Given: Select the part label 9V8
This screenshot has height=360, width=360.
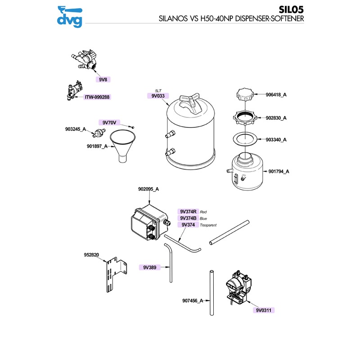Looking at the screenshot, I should click(x=103, y=79).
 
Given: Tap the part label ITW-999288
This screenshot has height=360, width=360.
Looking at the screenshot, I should click(x=97, y=97).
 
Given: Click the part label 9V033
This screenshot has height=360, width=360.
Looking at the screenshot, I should click(x=158, y=95).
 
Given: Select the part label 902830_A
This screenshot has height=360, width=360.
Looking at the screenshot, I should click(x=276, y=118).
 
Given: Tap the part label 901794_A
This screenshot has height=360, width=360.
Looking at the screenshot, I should click(x=279, y=171).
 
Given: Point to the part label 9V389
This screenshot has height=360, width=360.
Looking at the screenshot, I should click(x=149, y=267).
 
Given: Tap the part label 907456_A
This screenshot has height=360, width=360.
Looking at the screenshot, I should click(x=193, y=300).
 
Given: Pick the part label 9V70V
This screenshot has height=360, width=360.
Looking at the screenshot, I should click(x=109, y=122).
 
